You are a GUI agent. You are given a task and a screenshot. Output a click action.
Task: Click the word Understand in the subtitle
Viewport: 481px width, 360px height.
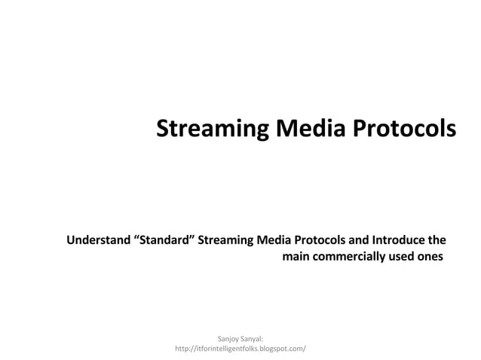coord(97,242)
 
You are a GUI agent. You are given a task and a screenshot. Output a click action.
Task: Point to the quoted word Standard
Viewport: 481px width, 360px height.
coord(164,242)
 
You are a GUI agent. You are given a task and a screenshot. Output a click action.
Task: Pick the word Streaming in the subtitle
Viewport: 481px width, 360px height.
coord(225,242)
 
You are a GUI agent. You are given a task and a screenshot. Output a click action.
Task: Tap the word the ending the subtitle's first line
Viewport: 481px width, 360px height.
coord(437,242)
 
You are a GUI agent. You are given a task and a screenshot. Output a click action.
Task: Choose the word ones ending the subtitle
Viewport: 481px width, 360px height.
coord(430,258)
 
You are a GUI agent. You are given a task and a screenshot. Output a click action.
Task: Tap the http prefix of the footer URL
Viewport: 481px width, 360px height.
coord(183,349)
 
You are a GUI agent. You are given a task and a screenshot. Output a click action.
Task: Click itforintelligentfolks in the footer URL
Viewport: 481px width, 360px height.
coord(232,349)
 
